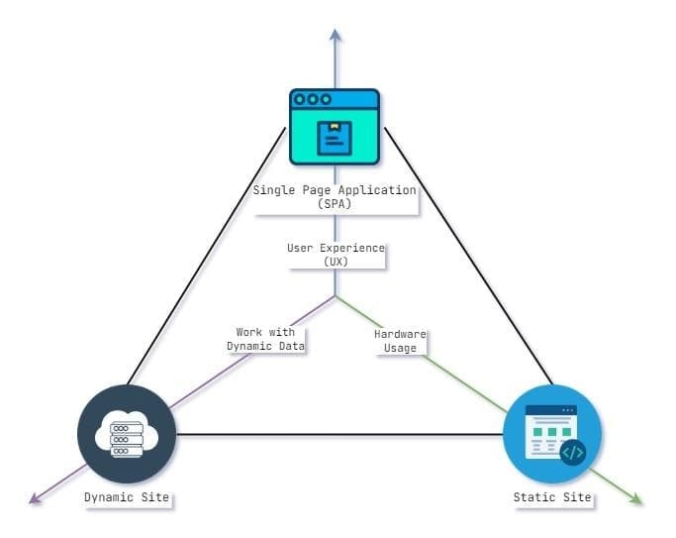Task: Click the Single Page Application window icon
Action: tap(335, 127)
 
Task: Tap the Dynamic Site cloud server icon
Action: tap(127, 434)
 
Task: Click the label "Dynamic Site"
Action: tap(127, 497)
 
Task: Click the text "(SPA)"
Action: tap(335, 203)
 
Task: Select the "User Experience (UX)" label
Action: tap(335, 254)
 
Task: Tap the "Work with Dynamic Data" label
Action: tap(265, 339)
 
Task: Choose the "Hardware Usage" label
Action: tap(400, 340)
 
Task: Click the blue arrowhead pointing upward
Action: tap(336, 36)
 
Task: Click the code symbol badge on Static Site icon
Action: tap(573, 453)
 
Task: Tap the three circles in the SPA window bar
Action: tap(313, 99)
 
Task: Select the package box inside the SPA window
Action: tap(335, 139)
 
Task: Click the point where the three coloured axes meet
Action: tap(336, 295)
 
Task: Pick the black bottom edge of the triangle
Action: tap(337, 434)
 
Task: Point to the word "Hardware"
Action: tap(400, 334)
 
